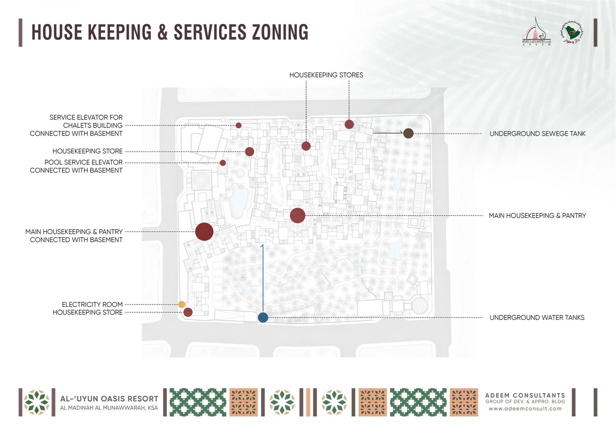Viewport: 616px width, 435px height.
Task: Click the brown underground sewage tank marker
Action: (408, 133)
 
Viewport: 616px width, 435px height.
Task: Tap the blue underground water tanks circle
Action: (263, 317)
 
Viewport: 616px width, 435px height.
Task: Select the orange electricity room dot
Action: (182, 304)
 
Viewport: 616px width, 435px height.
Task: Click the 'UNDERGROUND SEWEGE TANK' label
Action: (537, 134)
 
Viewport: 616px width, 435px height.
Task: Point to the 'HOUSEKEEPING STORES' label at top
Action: (326, 75)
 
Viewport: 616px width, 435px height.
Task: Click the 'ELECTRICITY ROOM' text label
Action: (92, 304)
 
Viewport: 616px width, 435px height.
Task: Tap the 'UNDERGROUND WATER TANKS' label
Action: (537, 318)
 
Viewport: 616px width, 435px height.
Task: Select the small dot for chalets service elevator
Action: (238, 125)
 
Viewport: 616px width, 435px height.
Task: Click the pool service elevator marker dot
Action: (223, 163)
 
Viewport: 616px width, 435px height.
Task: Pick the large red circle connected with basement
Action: (204, 232)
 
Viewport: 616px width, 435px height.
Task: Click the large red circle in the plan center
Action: (298, 215)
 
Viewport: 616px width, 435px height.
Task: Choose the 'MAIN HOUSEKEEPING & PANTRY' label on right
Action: (537, 216)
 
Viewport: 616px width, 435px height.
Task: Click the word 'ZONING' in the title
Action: (280, 32)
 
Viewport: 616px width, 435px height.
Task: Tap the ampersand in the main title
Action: (162, 32)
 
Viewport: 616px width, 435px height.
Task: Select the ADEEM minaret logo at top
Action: (537, 32)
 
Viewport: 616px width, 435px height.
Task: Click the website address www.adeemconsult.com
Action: (525, 408)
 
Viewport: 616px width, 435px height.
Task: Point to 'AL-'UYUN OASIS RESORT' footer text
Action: (109, 399)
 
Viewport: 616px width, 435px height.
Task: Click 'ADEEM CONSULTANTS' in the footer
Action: (525, 395)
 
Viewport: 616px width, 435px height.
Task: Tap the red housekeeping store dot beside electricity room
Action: (188, 312)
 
